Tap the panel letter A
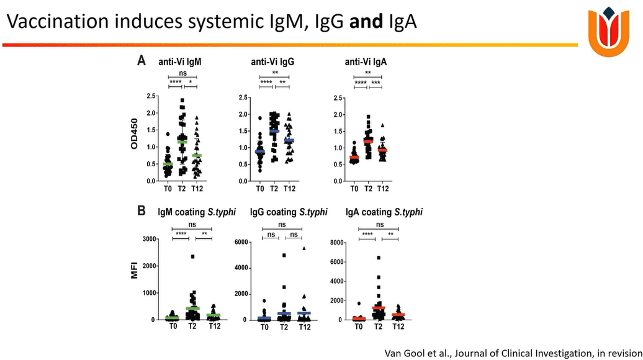[142, 61]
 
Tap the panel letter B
[142, 211]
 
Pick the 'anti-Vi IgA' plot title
[366, 62]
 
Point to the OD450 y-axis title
[133, 139]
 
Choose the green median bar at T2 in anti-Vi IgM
[182, 142]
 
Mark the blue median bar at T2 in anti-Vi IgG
[274, 131]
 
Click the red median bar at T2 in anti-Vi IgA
[368, 141]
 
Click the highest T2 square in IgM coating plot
[192, 256]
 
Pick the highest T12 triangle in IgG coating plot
[304, 248]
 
